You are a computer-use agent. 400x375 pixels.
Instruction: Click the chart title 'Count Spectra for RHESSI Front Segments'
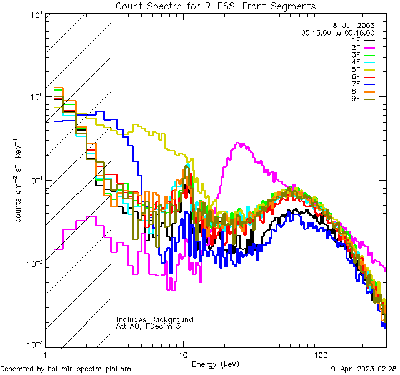coord(216,6)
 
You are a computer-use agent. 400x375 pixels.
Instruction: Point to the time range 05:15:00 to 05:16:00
coord(337,32)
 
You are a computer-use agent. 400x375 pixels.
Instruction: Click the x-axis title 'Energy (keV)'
coord(215,364)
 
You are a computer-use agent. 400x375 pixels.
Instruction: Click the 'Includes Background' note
coord(155,319)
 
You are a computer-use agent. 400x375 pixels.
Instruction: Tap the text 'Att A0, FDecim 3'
coord(149,326)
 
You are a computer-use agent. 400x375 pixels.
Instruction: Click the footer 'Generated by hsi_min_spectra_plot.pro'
coord(66,369)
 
